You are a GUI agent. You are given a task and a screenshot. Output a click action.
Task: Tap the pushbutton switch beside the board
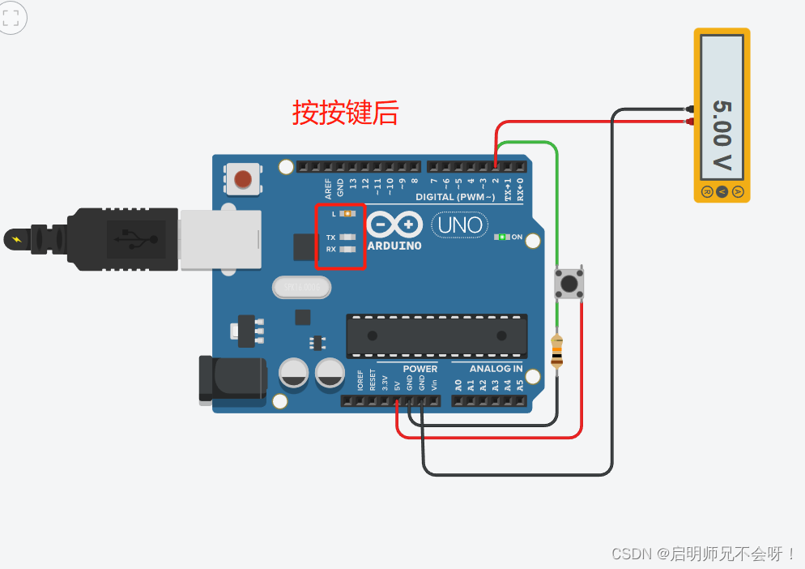(569, 284)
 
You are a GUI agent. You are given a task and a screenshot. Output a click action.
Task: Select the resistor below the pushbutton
(557, 351)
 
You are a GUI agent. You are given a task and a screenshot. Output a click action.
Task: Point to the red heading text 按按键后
(346, 113)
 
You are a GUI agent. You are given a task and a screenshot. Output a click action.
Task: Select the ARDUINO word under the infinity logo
(394, 246)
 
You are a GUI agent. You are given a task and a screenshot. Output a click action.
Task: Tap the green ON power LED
(502, 237)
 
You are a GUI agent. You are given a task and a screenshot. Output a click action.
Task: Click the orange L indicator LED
(348, 214)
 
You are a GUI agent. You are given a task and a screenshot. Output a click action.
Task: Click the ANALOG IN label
(496, 369)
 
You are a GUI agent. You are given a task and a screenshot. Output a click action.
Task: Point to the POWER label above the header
(420, 369)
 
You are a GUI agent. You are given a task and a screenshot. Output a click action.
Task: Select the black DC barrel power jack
(232, 379)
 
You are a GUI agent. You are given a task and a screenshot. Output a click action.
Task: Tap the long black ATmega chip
(437, 336)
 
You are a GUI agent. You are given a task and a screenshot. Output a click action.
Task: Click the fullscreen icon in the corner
(11, 17)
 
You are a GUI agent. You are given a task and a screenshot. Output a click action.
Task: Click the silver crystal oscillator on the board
(303, 287)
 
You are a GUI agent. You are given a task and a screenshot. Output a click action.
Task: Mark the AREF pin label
(329, 188)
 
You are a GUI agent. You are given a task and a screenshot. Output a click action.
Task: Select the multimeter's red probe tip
(690, 122)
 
